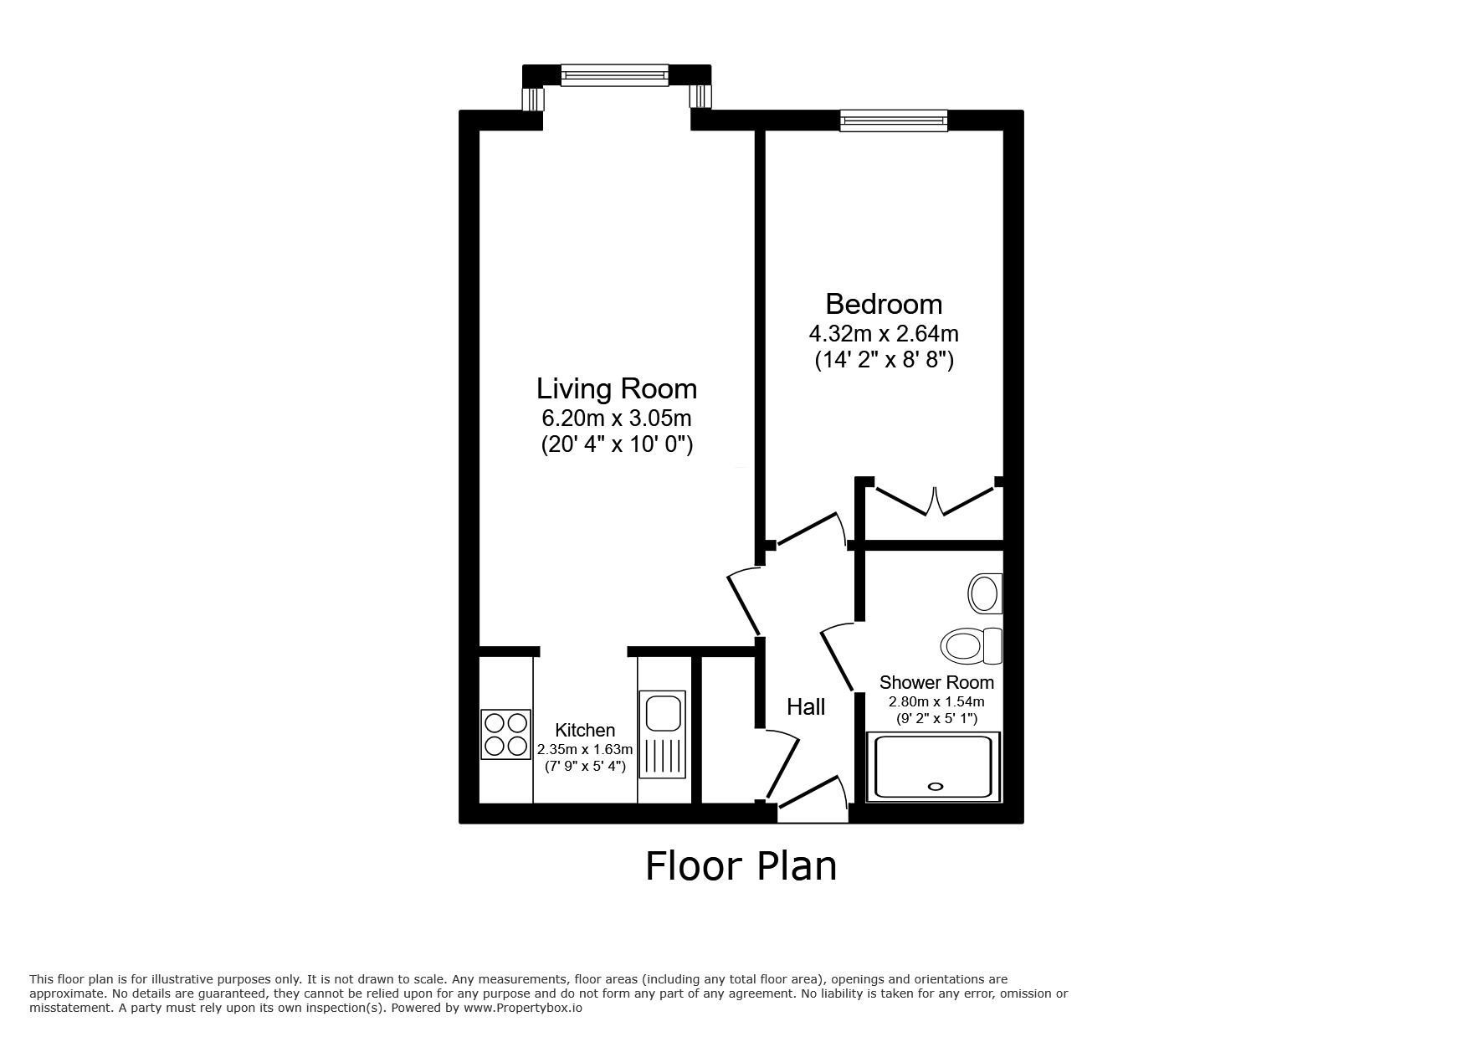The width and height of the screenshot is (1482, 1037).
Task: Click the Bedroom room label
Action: pos(884,303)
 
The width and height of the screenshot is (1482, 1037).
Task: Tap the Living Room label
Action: pos(617,388)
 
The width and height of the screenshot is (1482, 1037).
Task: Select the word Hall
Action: pos(806,707)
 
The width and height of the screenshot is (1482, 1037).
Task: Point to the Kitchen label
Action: pos(585,731)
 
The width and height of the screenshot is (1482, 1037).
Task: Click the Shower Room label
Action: pos(936,682)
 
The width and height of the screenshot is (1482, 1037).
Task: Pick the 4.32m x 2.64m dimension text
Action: pos(884,334)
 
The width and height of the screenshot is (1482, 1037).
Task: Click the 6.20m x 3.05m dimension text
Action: pos(617,418)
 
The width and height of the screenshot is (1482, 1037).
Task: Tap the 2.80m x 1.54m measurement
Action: pos(936,702)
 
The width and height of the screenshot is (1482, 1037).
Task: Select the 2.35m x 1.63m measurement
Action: pos(585,749)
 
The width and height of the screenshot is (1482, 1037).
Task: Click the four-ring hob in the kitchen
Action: pos(506,734)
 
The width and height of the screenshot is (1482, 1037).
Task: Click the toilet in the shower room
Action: pos(972,646)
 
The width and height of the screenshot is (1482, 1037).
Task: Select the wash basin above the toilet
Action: pos(985,593)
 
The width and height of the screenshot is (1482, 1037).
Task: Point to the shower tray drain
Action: pos(935,786)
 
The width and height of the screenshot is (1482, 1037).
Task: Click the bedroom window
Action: pos(894,121)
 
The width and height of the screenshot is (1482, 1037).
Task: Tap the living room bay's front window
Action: pos(615,75)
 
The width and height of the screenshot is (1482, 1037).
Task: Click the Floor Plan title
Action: pos(741,866)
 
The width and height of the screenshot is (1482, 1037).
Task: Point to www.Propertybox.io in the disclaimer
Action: pos(522,1008)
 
